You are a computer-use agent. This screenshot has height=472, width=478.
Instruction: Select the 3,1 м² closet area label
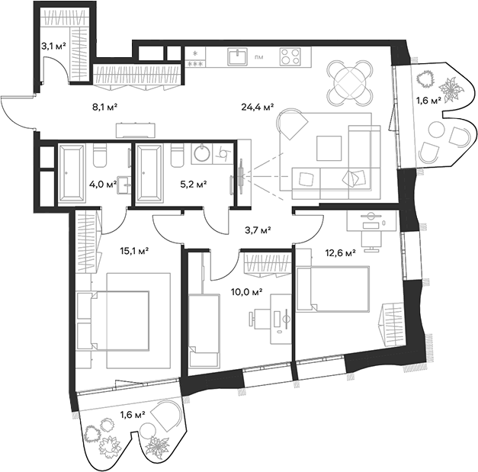[x=53, y=46]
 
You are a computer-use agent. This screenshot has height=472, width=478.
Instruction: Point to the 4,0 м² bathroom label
[x=103, y=184]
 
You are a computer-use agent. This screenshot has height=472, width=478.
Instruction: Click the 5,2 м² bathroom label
[x=194, y=184]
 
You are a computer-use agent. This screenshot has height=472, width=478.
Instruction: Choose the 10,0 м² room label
[x=248, y=291]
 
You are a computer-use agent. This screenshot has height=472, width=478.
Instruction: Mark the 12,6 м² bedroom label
[x=340, y=255]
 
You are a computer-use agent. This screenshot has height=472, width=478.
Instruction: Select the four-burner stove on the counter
[x=289, y=56]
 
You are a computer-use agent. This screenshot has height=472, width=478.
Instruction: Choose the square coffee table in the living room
[x=329, y=146]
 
